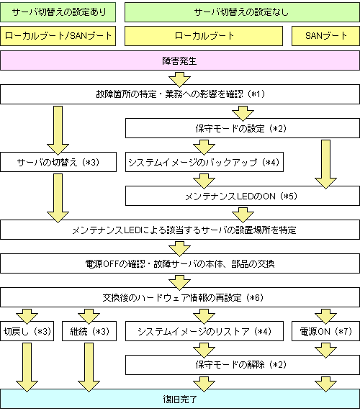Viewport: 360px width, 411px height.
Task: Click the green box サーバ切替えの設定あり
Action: coord(58,12)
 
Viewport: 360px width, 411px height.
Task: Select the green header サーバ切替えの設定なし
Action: coord(242,12)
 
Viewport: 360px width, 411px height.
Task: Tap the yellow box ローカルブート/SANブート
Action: coord(58,36)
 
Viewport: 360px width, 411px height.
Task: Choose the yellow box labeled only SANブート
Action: coord(325,36)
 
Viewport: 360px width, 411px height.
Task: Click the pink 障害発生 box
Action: coord(180,60)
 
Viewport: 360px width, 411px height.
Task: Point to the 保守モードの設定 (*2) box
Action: coord(242,128)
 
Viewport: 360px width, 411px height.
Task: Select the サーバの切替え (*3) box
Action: coord(58,162)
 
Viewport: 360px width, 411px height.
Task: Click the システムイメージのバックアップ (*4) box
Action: coord(204,162)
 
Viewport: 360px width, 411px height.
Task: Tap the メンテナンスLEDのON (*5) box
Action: coord(242,196)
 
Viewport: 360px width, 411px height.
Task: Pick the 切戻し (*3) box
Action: coord(27,331)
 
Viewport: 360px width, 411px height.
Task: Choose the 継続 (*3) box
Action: coord(89,331)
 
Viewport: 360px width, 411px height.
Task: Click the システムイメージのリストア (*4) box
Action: coord(204,331)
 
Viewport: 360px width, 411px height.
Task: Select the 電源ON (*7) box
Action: coord(325,331)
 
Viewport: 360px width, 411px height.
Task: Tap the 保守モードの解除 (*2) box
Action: coord(242,365)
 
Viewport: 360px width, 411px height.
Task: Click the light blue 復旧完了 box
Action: coord(180,399)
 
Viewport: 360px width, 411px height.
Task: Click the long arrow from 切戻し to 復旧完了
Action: coord(27,368)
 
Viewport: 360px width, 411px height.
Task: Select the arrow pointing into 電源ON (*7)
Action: coord(325,317)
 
